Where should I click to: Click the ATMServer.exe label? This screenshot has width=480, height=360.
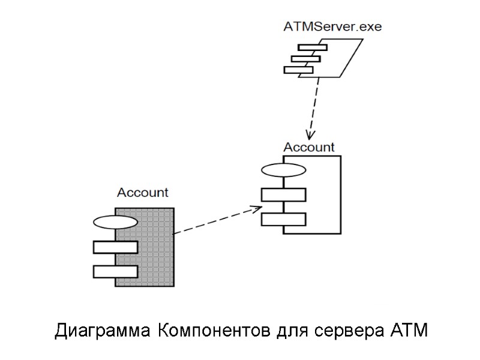(x=332, y=26)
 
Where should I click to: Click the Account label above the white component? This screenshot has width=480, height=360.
(x=308, y=147)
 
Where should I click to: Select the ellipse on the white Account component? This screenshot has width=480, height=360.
(x=283, y=170)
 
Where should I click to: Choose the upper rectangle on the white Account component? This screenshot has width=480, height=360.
(x=283, y=195)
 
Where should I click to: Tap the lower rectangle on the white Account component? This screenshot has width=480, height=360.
(x=283, y=219)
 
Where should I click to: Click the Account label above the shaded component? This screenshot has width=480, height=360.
(x=142, y=193)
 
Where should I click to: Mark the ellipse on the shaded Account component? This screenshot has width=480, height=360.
(x=115, y=223)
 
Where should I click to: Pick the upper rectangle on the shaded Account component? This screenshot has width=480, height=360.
(x=115, y=247)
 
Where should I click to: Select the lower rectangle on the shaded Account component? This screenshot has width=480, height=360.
(x=115, y=271)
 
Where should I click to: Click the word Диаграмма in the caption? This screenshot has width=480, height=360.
(x=103, y=331)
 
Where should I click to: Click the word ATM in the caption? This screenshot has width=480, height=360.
(x=409, y=331)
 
